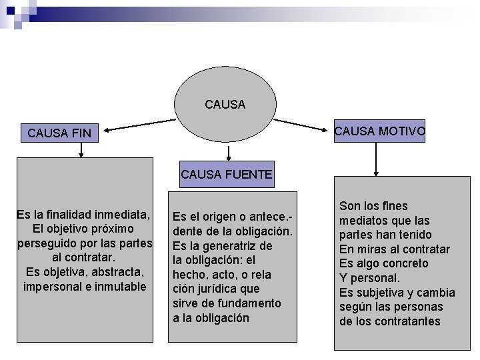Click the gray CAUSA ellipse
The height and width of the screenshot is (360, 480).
point(225,105)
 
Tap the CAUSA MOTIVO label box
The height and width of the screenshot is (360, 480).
point(379,131)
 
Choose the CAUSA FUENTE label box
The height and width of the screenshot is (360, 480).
point(226,175)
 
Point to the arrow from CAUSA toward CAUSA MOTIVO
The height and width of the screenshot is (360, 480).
point(303,123)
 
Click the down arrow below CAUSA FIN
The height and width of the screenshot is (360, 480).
point(81,150)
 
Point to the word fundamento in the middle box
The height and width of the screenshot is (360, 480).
point(249,303)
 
